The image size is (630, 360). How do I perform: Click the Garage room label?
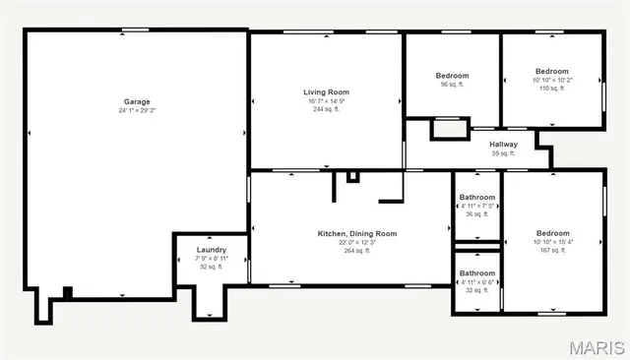(x=136, y=101)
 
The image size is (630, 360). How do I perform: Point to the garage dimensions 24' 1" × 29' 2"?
(x=136, y=110)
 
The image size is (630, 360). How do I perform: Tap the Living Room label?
(x=325, y=91)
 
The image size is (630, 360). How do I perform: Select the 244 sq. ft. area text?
(x=325, y=109)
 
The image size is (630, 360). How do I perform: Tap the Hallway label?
(x=503, y=145)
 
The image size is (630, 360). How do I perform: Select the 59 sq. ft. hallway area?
(x=503, y=153)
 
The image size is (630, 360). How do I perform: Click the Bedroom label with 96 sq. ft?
(x=452, y=76)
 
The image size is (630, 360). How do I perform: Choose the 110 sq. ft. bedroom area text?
(x=551, y=89)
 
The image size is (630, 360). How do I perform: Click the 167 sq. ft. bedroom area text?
(x=552, y=250)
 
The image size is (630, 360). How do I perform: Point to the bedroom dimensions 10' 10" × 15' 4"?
(x=552, y=242)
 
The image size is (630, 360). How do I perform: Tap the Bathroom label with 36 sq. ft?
(x=477, y=197)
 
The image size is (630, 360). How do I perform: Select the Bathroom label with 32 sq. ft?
(x=477, y=272)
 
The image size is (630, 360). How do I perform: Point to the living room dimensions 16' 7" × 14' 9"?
(x=325, y=100)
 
